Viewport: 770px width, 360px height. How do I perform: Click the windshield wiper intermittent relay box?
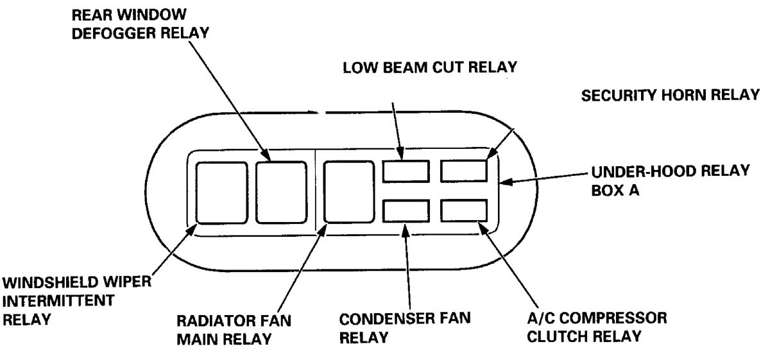(x=221, y=193)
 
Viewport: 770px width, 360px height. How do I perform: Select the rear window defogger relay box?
(x=281, y=193)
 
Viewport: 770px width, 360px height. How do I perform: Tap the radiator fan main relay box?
(x=349, y=192)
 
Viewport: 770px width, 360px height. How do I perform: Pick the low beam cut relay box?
(x=406, y=170)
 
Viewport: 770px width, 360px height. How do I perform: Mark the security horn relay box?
(x=463, y=170)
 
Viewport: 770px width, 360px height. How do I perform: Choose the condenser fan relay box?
(x=406, y=210)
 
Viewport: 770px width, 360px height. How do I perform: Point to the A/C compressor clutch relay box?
(x=463, y=210)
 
